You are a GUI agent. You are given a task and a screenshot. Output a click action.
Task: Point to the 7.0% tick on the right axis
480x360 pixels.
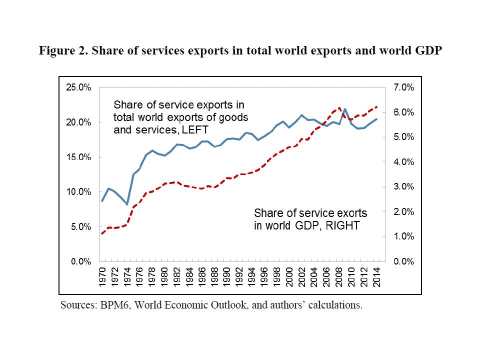(x=403, y=87)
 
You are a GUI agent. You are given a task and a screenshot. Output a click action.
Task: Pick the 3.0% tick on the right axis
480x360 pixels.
(x=403, y=187)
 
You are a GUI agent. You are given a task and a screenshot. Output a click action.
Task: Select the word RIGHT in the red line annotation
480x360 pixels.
(x=342, y=225)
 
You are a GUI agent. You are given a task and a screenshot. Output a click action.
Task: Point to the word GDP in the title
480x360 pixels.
(x=429, y=51)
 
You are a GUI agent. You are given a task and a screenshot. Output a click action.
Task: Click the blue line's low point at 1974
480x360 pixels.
(x=127, y=204)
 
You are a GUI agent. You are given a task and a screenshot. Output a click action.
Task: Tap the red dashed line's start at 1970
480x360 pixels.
(x=102, y=233)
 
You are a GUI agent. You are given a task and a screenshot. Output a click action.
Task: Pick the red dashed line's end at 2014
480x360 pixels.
(x=377, y=106)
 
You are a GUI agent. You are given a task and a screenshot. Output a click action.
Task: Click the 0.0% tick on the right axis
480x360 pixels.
(x=403, y=261)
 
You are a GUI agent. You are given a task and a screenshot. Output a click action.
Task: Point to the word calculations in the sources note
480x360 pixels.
(x=336, y=304)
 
